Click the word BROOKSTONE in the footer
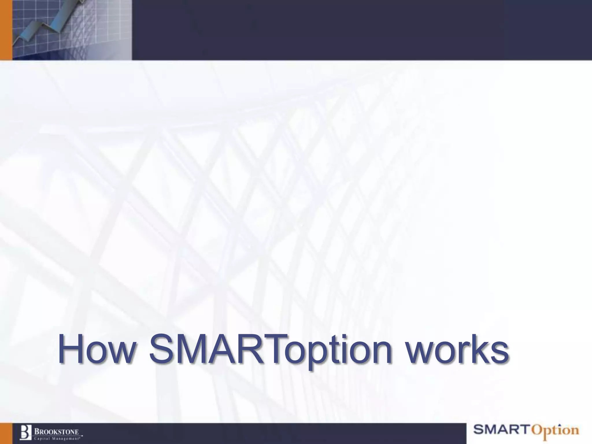pos(57,432)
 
